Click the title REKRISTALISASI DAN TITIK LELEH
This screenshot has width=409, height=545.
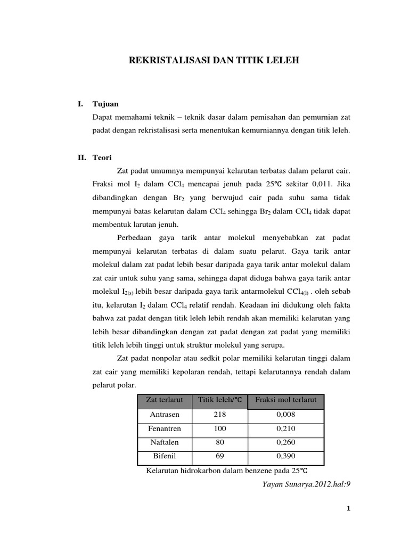tap(215, 61)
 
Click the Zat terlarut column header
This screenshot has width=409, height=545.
tap(165, 400)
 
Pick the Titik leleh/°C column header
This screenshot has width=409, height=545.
tap(219, 400)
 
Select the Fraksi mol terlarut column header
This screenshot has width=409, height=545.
tap(286, 400)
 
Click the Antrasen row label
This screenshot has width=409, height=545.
tap(165, 415)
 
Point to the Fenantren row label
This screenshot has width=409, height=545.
tap(165, 428)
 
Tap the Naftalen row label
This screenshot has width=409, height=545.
tap(165, 442)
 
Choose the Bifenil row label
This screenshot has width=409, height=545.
tap(165, 456)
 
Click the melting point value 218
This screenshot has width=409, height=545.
tap(219, 415)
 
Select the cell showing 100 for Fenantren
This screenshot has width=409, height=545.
tap(219, 428)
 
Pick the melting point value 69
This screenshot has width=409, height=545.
tap(219, 456)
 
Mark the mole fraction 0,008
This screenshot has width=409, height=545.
tap(286, 415)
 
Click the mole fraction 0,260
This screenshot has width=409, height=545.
tap(286, 442)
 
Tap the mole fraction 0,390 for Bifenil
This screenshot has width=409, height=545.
tap(286, 456)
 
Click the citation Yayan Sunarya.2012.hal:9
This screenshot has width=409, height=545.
tap(304, 484)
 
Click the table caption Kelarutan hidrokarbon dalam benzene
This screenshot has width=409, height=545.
tap(227, 471)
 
